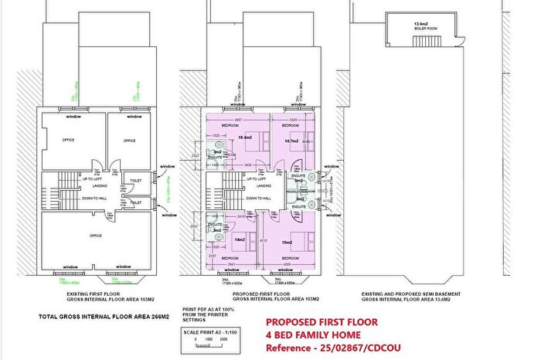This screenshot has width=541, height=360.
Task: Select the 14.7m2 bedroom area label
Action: [291, 141]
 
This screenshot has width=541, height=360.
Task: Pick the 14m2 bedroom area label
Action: [240, 241]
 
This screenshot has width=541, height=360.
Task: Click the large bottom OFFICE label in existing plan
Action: [95, 235]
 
